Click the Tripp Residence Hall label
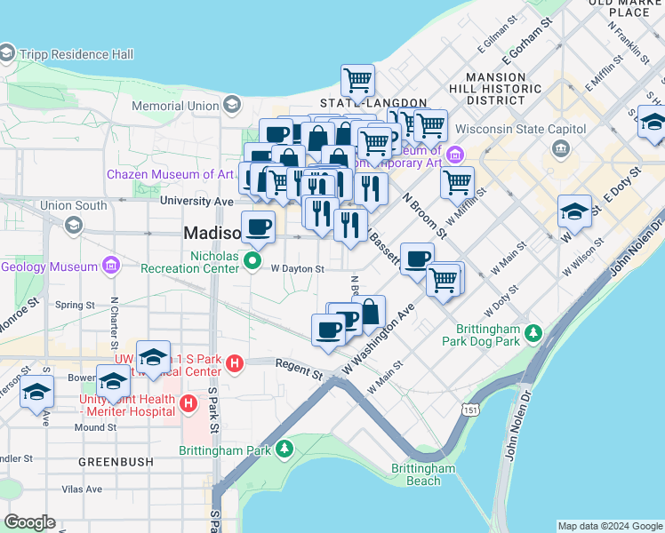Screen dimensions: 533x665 tap(78, 54)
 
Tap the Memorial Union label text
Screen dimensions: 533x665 tap(174, 106)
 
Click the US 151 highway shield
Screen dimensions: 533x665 tap(469, 407)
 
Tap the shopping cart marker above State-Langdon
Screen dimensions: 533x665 tap(357, 81)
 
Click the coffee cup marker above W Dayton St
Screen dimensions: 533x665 tap(258, 227)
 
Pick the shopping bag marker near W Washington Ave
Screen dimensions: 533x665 tap(369, 312)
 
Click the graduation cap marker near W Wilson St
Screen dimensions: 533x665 tap(574, 212)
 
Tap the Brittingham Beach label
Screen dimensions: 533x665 tap(424, 474)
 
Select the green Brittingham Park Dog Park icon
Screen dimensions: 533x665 tap(533, 334)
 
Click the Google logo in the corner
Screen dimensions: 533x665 tap(29, 522)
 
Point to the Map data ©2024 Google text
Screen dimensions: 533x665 tap(609, 526)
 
